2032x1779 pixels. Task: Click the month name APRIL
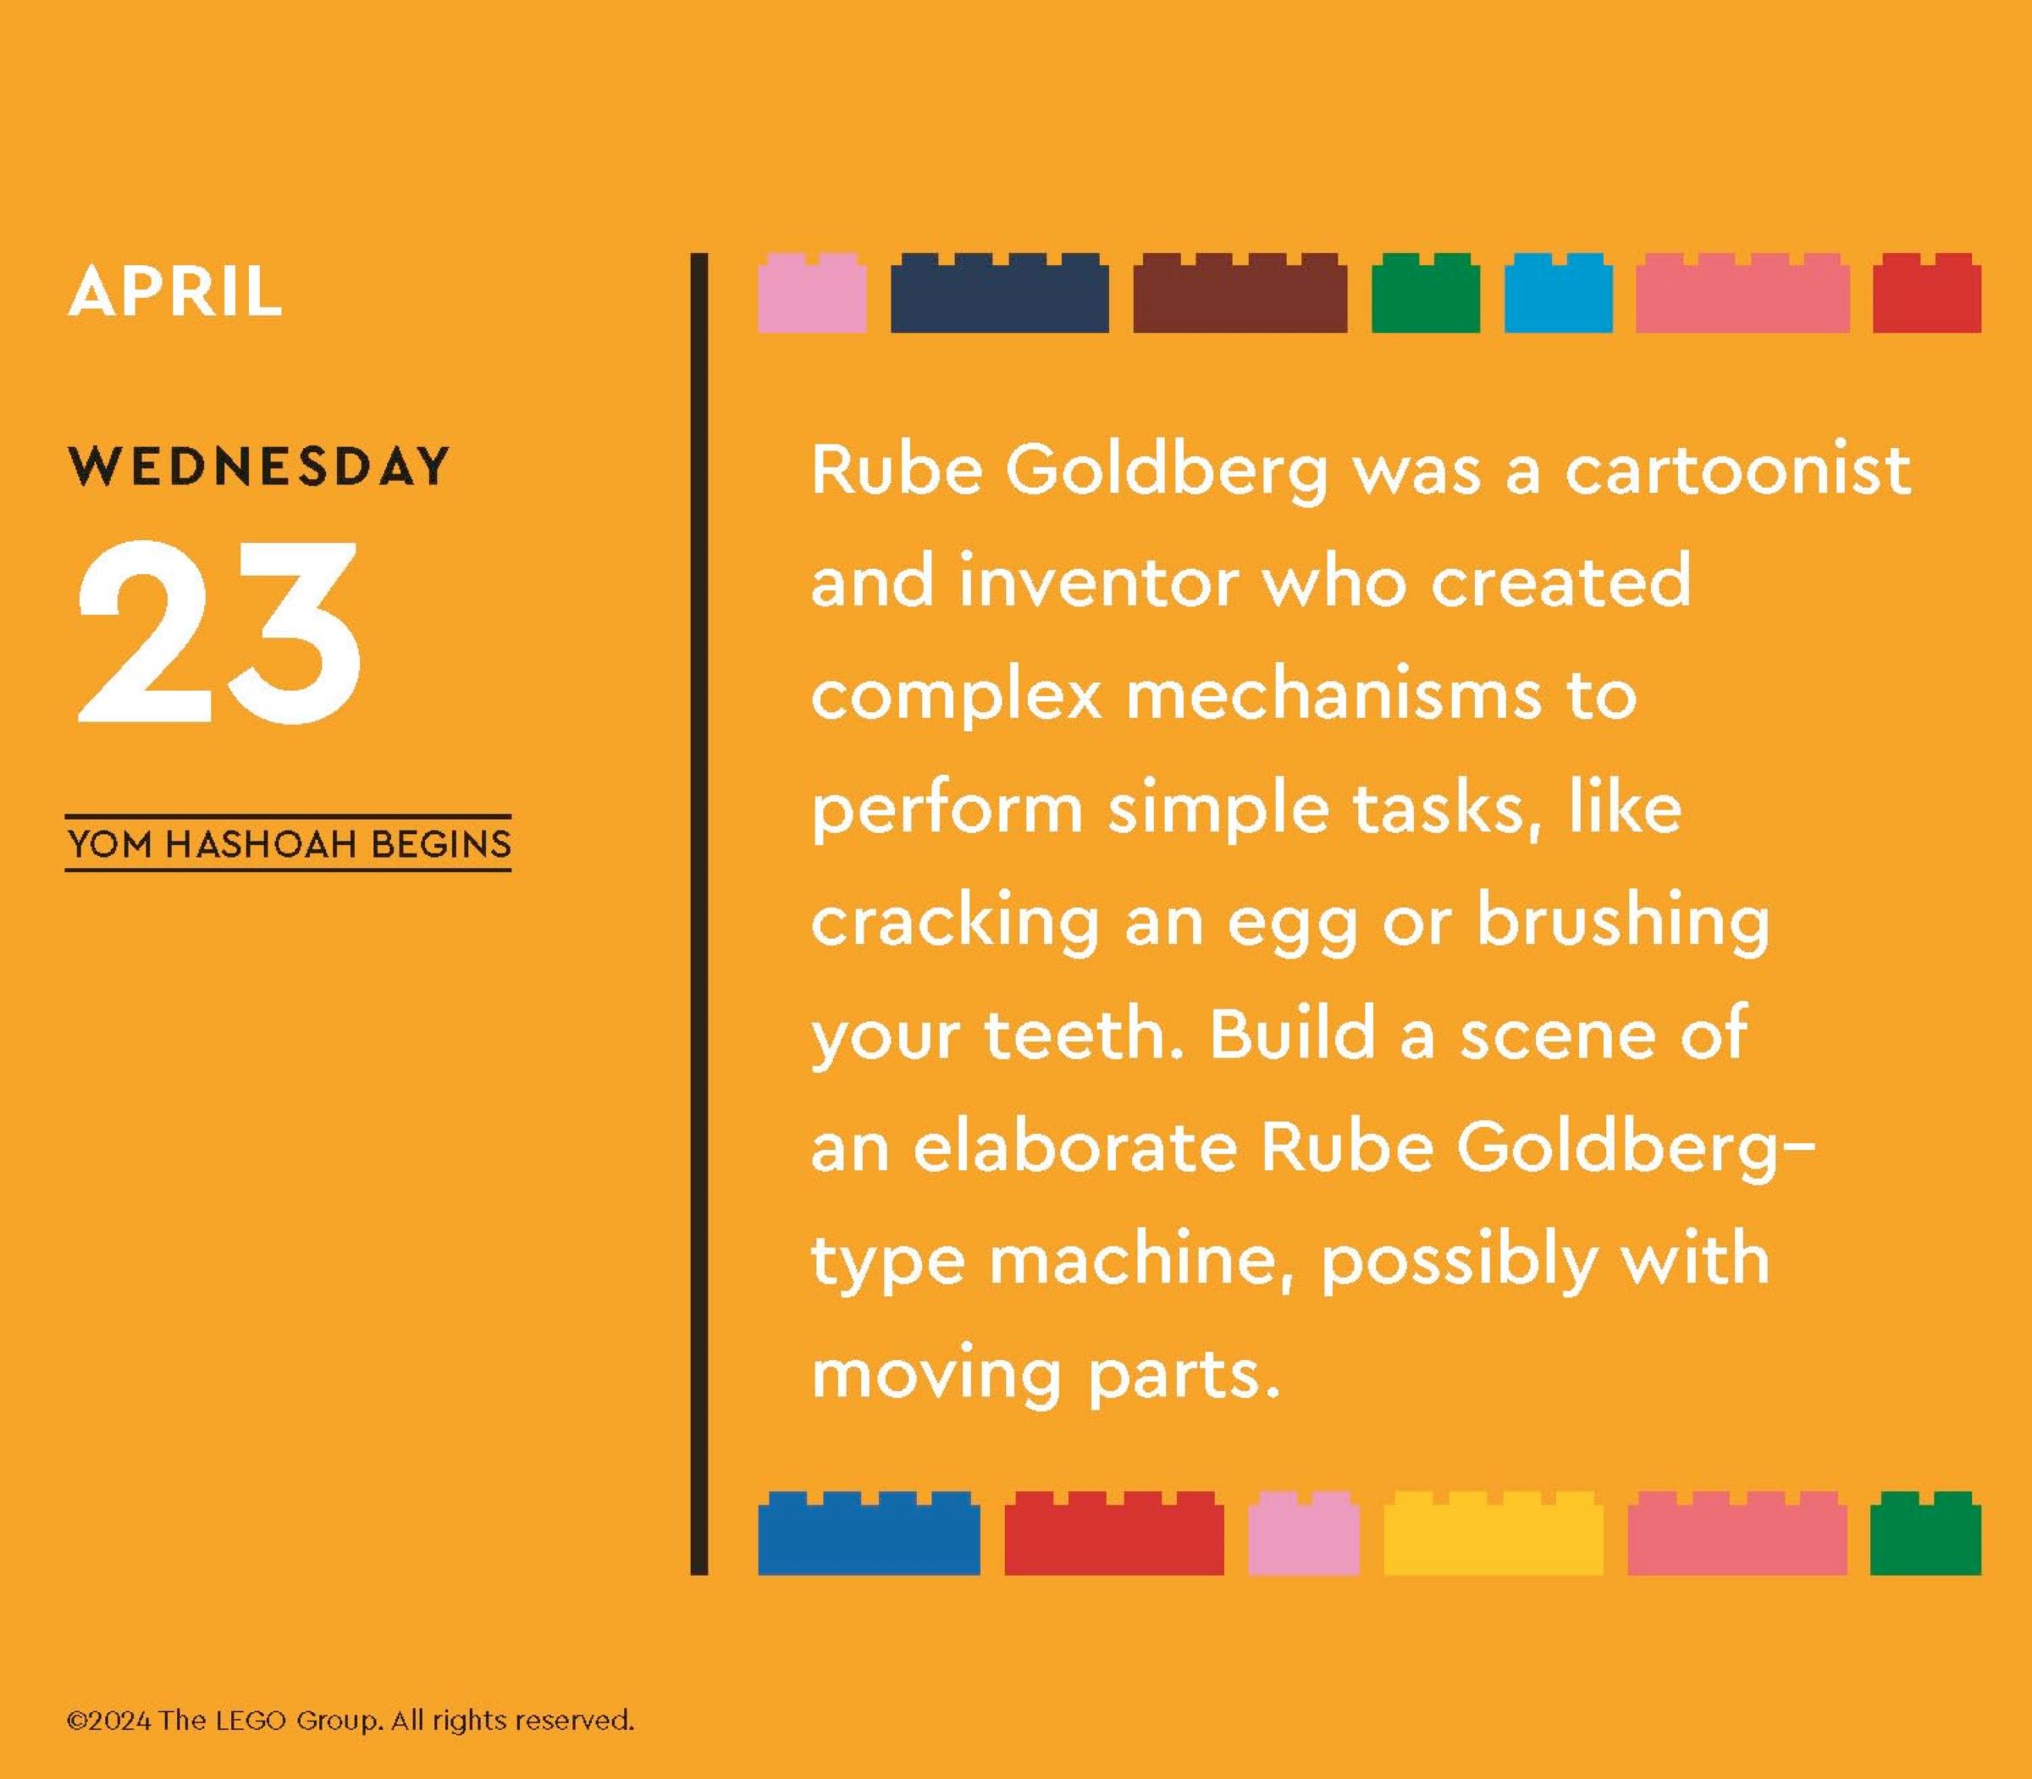pos(174,291)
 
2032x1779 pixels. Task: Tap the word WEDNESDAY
pos(259,466)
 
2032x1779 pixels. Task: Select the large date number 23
pos(218,632)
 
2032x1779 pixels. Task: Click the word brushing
pos(1622,921)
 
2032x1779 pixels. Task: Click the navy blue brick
pos(1000,293)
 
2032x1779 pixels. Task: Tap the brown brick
pos(1240,293)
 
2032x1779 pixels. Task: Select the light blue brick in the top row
pos(1558,293)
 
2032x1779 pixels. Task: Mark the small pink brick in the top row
pos(812,293)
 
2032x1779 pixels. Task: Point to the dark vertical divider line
pos(698,914)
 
